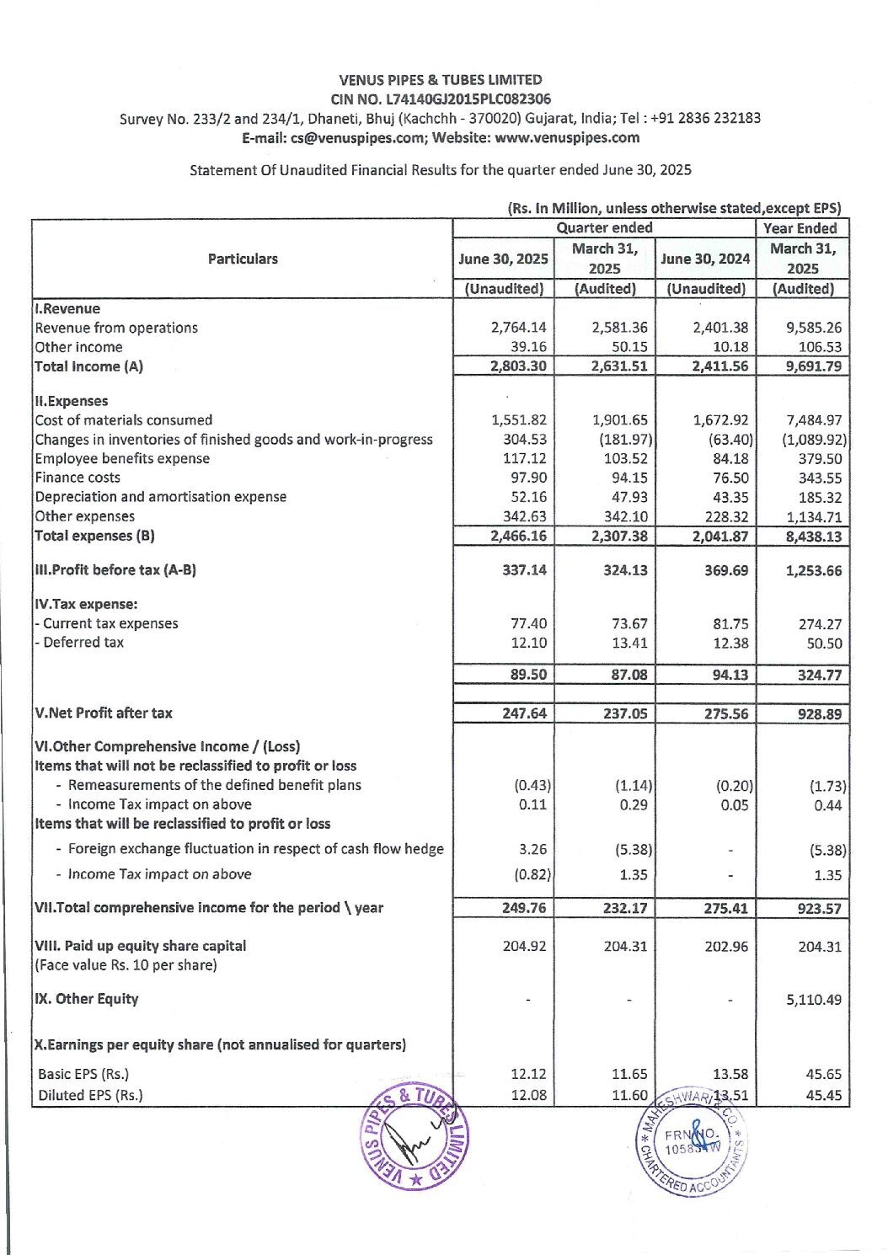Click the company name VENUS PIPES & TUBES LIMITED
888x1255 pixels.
click(x=441, y=80)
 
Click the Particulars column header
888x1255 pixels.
click(x=243, y=259)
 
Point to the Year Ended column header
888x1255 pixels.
click(x=800, y=228)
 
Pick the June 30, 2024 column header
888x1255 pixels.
click(x=705, y=259)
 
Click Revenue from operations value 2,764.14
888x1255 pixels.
click(x=518, y=328)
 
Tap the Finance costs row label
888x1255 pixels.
click(x=78, y=478)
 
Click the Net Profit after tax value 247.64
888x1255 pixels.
click(x=524, y=713)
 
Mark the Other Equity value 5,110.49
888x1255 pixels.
click(x=814, y=1000)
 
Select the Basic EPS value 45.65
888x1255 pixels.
click(x=823, y=1074)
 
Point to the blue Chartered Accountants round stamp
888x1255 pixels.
click(x=691, y=1142)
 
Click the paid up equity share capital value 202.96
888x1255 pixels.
click(x=726, y=947)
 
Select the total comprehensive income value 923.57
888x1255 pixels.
click(x=819, y=909)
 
